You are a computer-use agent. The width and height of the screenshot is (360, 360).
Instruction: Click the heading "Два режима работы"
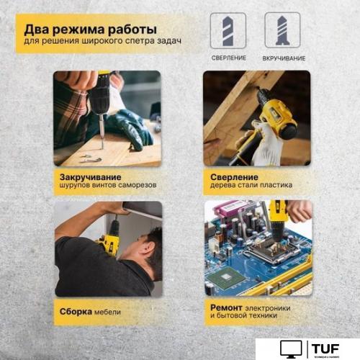(x=91, y=30)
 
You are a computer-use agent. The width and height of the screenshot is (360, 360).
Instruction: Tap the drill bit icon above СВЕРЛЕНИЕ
(x=228, y=30)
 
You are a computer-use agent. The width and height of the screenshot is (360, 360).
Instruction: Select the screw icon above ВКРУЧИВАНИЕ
(x=282, y=30)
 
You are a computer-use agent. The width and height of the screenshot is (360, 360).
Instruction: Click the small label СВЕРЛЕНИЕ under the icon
(x=228, y=58)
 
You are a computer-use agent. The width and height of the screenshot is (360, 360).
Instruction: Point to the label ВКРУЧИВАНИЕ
(x=283, y=58)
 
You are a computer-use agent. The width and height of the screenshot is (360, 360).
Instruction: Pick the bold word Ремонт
(x=230, y=307)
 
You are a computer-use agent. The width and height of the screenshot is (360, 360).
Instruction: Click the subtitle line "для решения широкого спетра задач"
(x=103, y=42)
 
